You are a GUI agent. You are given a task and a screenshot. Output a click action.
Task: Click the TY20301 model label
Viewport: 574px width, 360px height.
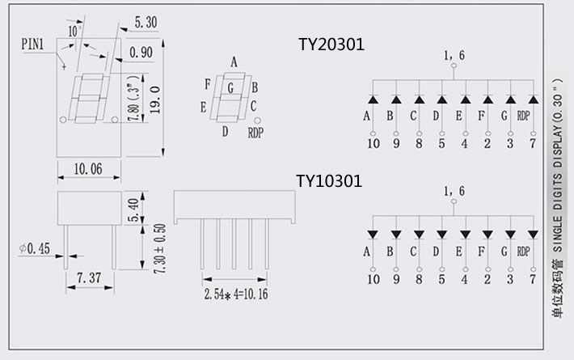[331, 45]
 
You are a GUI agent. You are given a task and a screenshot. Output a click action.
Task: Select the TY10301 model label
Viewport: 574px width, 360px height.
[328, 181]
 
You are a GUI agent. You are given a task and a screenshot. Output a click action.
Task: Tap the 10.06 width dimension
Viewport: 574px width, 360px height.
[88, 169]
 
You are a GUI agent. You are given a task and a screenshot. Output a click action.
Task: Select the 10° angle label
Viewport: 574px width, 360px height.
[74, 31]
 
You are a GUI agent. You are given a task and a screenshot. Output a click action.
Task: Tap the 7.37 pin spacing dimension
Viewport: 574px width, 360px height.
[89, 278]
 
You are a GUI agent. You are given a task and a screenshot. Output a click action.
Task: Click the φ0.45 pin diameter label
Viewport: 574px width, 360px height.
[35, 248]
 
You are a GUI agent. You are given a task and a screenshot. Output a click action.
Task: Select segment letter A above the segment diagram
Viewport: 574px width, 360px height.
[234, 62]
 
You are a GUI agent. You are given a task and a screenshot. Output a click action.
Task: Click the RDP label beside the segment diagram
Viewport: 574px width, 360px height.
[255, 133]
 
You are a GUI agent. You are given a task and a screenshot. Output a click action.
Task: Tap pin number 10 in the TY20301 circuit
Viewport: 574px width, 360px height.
[373, 144]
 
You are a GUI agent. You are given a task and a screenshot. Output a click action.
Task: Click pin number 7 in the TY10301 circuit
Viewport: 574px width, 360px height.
[532, 280]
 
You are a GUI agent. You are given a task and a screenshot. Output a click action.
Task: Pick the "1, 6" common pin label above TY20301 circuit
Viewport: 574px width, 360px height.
[454, 56]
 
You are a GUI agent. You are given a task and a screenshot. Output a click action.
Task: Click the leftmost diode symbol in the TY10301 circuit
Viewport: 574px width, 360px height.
[373, 235]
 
